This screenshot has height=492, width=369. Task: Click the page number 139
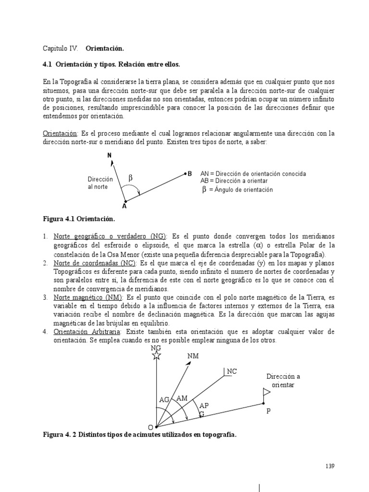pos(330,466)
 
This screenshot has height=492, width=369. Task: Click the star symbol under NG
pos(156,356)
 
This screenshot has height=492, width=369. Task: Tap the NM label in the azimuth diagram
pos(192,357)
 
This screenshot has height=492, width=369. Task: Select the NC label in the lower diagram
pos(232,371)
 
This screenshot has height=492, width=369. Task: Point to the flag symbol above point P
pos(266,393)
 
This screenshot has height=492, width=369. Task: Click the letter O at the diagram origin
pos(150,427)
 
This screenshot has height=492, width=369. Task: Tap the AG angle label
pos(164,399)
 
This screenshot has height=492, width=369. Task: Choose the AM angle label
pos(182,398)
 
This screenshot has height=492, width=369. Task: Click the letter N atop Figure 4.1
pos(110,155)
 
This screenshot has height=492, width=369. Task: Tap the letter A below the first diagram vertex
pos(124,206)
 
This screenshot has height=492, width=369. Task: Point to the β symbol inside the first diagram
pos(130,179)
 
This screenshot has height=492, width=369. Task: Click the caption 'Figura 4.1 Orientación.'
pos(79,219)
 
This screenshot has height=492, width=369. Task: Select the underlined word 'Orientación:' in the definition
pos(60,133)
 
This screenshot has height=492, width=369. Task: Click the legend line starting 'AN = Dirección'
pos(253,173)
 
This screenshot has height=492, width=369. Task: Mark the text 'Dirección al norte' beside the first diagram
pos(100,183)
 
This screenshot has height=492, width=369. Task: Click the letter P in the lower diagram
pos(269,412)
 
